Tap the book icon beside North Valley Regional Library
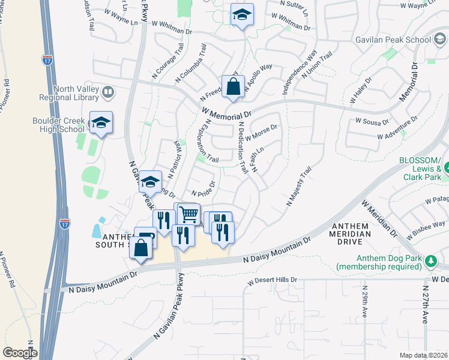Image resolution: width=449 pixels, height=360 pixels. point(108,92)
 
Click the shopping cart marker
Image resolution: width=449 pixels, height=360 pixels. point(188,214)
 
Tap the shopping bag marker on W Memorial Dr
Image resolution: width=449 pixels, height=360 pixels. point(233,86)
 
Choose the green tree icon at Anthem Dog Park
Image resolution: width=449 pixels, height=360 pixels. point(430,260)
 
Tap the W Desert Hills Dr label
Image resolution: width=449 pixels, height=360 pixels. point(273,280)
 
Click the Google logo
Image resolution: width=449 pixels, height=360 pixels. point(19,353)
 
